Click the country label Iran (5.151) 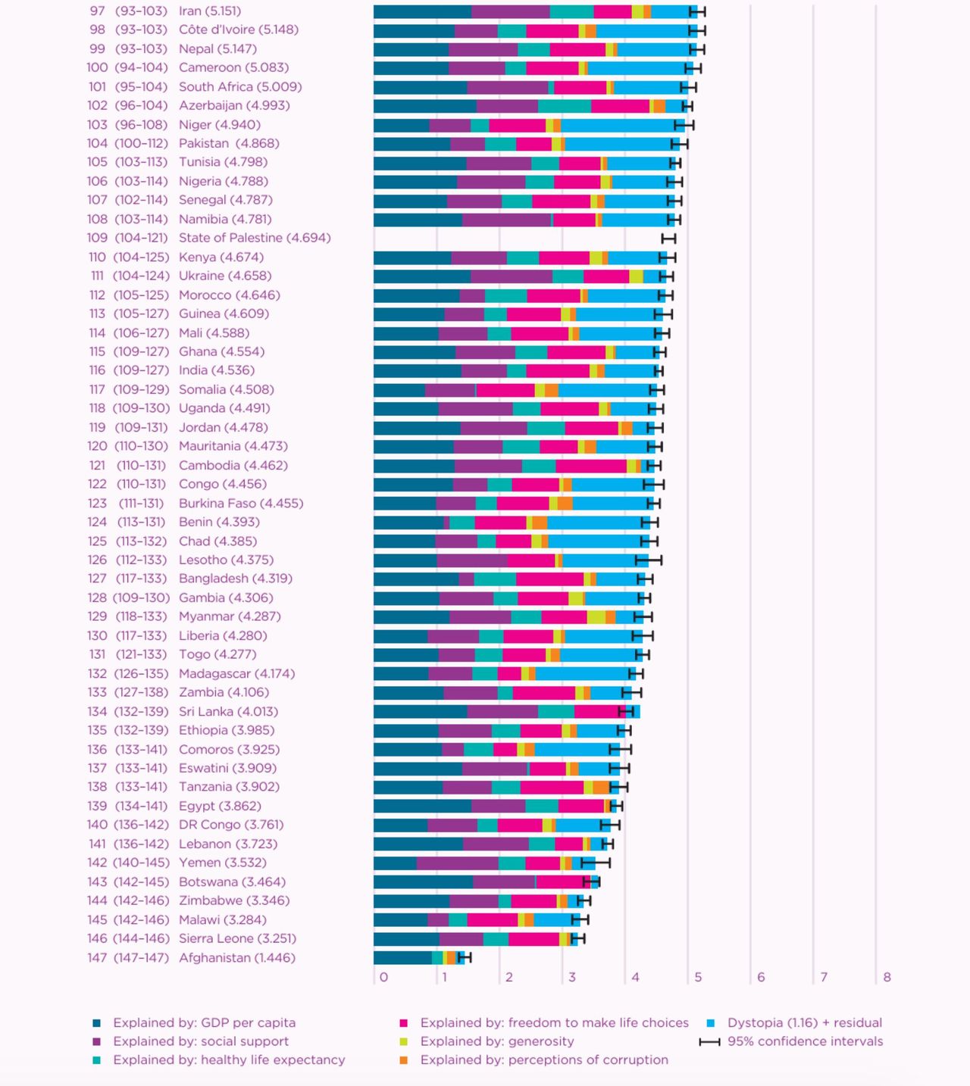[x=209, y=11]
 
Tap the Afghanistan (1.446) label [x=236, y=958]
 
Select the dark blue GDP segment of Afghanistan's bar [x=402, y=958]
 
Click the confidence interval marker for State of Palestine [x=668, y=239]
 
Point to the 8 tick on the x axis [x=887, y=978]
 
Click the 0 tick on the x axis [x=384, y=978]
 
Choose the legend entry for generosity [x=496, y=1042]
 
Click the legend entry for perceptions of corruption [x=543, y=1060]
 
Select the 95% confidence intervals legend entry [x=805, y=1042]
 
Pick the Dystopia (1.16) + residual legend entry [x=804, y=1023]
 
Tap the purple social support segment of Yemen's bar [x=458, y=863]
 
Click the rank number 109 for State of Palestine [x=97, y=239]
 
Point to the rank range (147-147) [x=140, y=958]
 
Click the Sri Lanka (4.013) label [x=228, y=712]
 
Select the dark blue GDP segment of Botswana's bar [x=423, y=882]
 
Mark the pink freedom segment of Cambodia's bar [x=591, y=466]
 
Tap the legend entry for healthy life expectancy [x=228, y=1060]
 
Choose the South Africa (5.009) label [x=240, y=87]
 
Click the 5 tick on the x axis [x=698, y=978]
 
